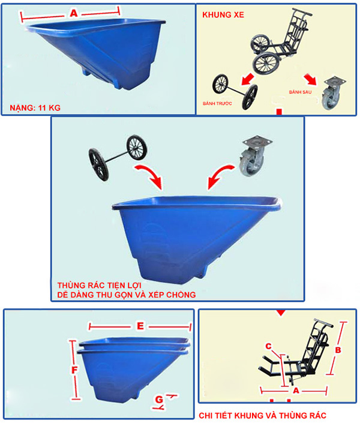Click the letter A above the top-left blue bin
click(74, 13)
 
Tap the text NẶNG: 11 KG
click(35, 108)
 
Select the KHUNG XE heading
click(223, 14)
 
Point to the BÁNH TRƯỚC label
click(217, 103)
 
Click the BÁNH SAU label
click(300, 92)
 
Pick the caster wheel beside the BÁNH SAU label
click(332, 92)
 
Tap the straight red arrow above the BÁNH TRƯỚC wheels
click(247, 79)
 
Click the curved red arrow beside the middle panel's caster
click(219, 175)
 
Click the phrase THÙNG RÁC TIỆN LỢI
click(100, 285)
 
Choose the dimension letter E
click(140, 326)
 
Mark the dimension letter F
click(74, 370)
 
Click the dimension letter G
click(159, 400)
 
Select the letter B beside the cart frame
click(338, 350)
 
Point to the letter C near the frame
click(268, 346)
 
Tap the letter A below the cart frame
click(296, 391)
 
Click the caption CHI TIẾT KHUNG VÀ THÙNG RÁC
click(262, 415)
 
